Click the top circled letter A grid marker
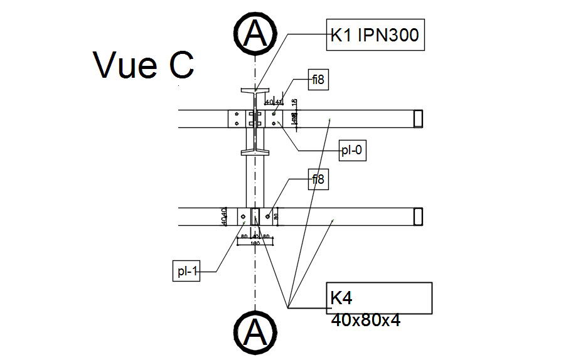pyautogui.click(x=255, y=34)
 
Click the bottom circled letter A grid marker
pyautogui.click(x=255, y=329)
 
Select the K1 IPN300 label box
pyautogui.click(x=375, y=36)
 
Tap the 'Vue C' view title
pyautogui.click(x=144, y=65)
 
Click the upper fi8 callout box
pyautogui.click(x=319, y=80)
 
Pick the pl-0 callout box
pyautogui.click(x=352, y=151)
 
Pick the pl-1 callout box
pyautogui.click(x=186, y=271)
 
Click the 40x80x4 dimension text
pyautogui.click(x=365, y=320)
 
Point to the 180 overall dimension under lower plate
pyautogui.click(x=255, y=242)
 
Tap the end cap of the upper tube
pyautogui.click(x=418, y=119)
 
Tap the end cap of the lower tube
pyautogui.click(x=418, y=216)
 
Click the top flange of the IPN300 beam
pyautogui.click(x=255, y=91)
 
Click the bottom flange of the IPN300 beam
pyautogui.click(x=255, y=151)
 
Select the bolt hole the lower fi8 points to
pyautogui.click(x=268, y=216)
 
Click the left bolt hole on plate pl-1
pyautogui.click(x=243, y=217)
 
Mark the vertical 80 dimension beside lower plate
pyautogui.click(x=275, y=216)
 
